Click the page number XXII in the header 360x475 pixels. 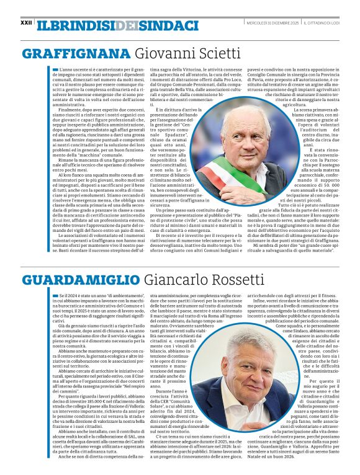26,22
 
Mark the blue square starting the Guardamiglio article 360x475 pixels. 55,296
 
